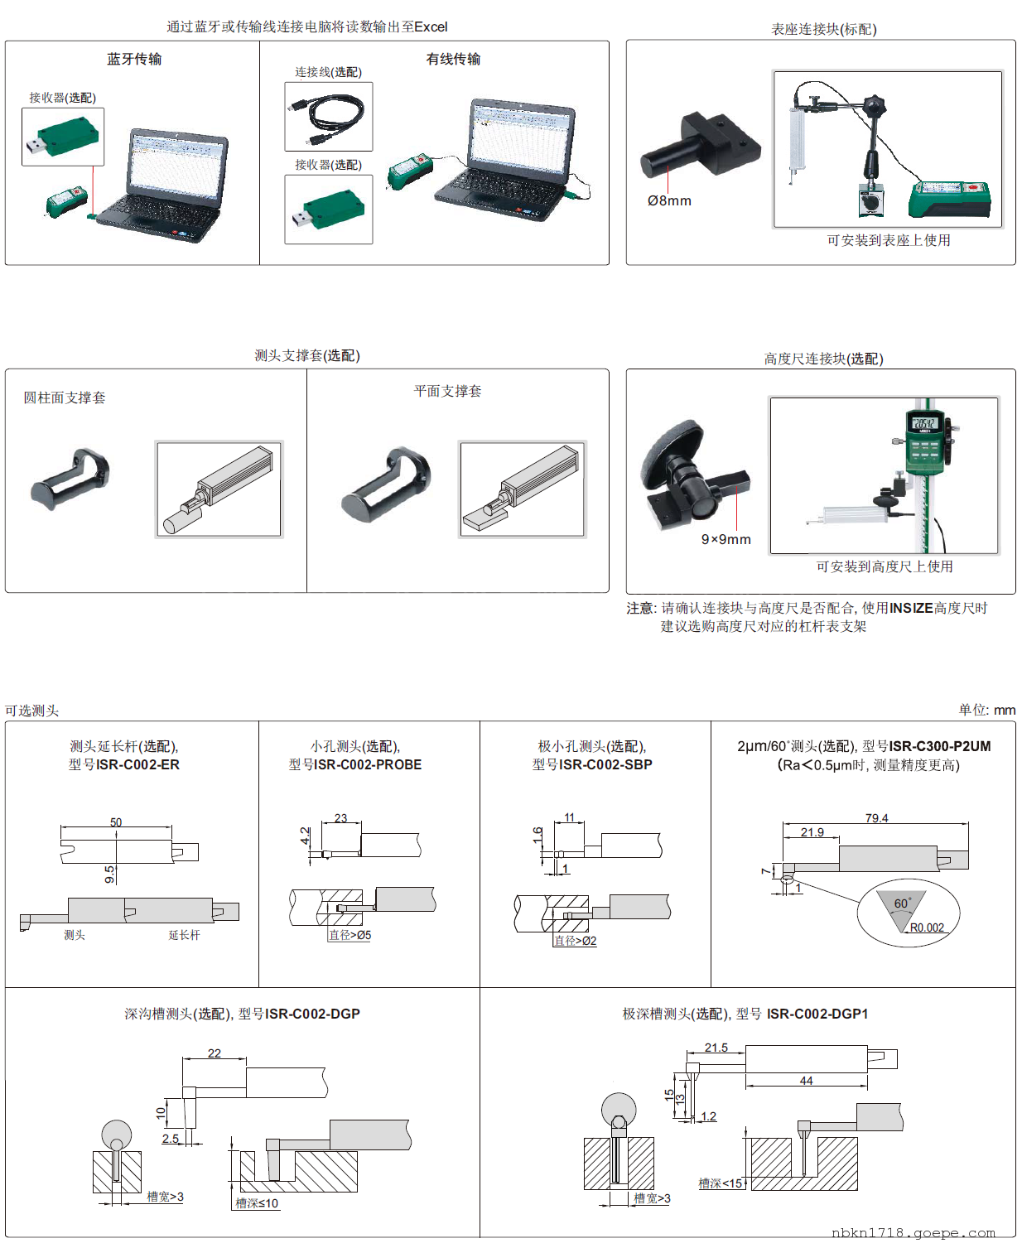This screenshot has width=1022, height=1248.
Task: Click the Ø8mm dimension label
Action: click(669, 200)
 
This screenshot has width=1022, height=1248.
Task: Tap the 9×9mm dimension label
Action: click(726, 539)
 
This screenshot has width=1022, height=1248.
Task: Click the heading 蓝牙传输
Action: click(134, 59)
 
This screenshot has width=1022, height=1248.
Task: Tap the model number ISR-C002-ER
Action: click(137, 764)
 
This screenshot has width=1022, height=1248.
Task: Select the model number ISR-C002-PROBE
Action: click(368, 764)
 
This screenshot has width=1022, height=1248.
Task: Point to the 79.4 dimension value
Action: click(876, 818)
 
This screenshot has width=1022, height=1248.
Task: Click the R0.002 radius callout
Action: click(927, 928)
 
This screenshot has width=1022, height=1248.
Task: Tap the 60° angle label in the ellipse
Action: click(903, 903)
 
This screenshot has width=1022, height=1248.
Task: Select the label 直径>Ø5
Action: click(350, 935)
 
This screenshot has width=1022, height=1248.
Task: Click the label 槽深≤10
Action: click(257, 1203)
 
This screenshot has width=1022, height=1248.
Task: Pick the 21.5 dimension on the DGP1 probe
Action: click(716, 1048)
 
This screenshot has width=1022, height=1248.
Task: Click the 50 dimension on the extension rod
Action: click(116, 822)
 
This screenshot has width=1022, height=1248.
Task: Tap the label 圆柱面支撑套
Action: click(65, 398)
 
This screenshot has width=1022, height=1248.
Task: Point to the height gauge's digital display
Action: click(924, 424)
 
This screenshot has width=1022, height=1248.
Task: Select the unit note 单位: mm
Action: click(986, 710)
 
